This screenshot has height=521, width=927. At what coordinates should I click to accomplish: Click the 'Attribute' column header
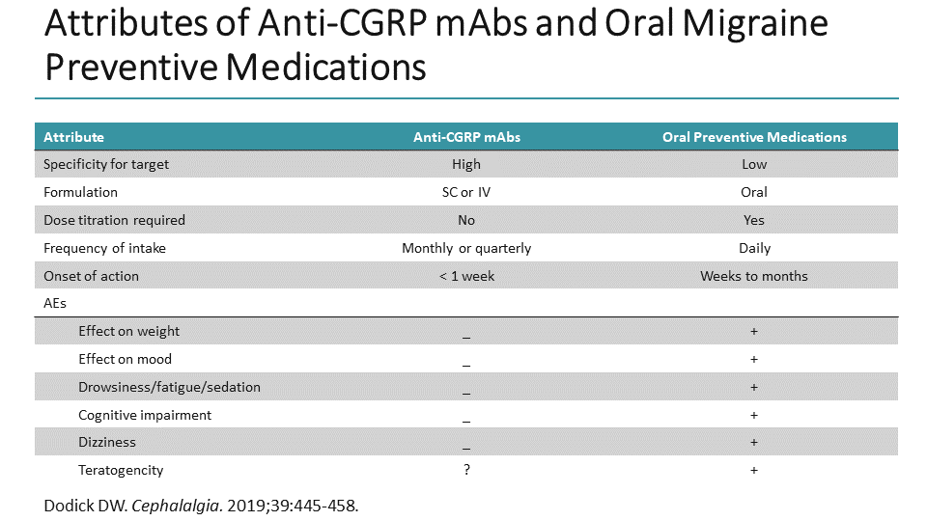(x=74, y=137)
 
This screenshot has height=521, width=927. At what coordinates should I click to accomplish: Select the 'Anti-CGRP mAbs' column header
(x=466, y=137)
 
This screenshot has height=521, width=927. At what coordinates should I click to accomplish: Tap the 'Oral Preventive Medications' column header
(x=754, y=137)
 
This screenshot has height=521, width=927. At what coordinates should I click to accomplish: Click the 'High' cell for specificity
(x=466, y=165)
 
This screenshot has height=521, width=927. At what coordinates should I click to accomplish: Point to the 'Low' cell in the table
(x=754, y=165)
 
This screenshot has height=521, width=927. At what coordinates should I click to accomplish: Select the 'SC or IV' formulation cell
(x=466, y=192)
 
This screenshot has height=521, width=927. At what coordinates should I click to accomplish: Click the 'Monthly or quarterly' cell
(x=466, y=248)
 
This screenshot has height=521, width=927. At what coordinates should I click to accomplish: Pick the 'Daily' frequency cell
(x=754, y=248)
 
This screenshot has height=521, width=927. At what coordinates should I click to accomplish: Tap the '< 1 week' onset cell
(x=466, y=276)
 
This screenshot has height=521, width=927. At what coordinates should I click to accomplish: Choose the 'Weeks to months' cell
(x=754, y=276)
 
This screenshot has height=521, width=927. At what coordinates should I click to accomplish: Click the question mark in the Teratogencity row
(x=466, y=470)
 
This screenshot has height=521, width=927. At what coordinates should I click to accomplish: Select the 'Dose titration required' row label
(x=114, y=220)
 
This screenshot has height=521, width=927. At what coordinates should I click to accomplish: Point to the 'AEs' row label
(x=55, y=303)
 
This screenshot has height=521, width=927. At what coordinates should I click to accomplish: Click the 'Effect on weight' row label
(x=129, y=331)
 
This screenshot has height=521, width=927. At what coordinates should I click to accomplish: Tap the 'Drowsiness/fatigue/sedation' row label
(x=169, y=387)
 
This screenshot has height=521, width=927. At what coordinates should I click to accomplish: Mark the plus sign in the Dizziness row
(x=754, y=442)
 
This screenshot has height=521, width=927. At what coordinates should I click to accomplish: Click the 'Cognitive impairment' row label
(x=145, y=415)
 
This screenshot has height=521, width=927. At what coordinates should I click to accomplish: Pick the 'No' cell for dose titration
(x=466, y=220)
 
